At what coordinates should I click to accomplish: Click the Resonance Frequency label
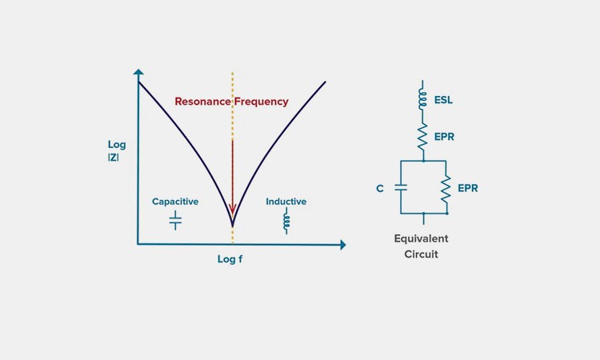click(x=231, y=102)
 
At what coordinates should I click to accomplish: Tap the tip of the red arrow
click(x=233, y=217)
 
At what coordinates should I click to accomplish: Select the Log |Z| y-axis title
click(x=117, y=151)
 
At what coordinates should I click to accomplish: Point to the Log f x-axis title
click(x=230, y=259)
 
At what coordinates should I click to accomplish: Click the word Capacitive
click(x=175, y=202)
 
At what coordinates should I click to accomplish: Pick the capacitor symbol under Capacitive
click(x=175, y=220)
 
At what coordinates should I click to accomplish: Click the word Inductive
click(x=286, y=202)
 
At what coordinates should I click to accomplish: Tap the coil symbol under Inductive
click(x=286, y=222)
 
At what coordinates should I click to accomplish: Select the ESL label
click(x=445, y=102)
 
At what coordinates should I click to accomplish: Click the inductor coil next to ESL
click(x=423, y=98)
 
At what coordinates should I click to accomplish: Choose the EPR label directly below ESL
click(x=444, y=137)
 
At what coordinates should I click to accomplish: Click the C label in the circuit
click(x=380, y=189)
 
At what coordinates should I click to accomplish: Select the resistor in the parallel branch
click(x=446, y=188)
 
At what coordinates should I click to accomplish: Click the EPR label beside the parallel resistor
click(x=468, y=189)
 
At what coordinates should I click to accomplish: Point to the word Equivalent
click(x=422, y=238)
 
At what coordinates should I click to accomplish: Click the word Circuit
click(x=422, y=254)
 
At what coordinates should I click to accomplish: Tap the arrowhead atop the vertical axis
click(x=138, y=72)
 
